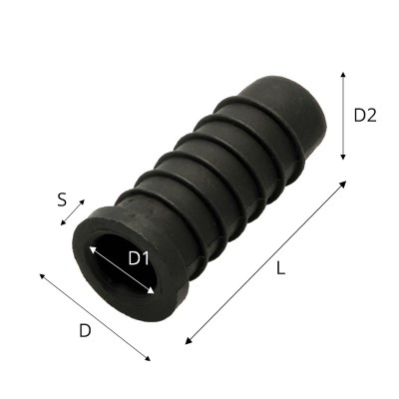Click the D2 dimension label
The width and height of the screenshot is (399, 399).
pyautogui.click(x=365, y=116)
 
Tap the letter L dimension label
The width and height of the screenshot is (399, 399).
pyautogui.click(x=281, y=268)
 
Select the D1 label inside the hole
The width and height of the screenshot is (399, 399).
pyautogui.click(x=139, y=258)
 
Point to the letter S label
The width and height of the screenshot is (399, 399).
pyautogui.click(x=62, y=200)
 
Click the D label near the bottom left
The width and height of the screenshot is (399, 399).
pyautogui.click(x=85, y=330)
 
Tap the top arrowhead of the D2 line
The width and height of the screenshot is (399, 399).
pyautogui.click(x=343, y=74)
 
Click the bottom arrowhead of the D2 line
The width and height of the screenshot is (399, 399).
pyautogui.click(x=343, y=157)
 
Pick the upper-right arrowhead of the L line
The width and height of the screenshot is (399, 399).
pyautogui.click(x=343, y=184)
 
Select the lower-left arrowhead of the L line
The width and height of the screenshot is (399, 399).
pyautogui.click(x=189, y=341)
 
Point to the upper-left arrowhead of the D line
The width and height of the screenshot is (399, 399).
pyautogui.click(x=43, y=276)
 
